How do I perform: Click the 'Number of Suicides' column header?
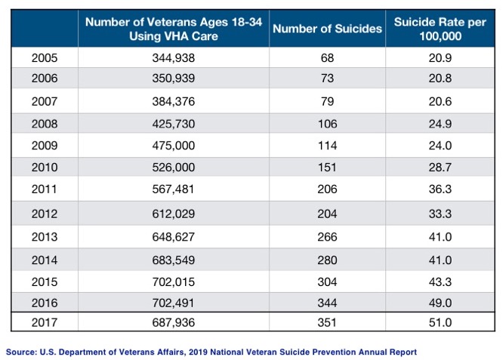(327, 29)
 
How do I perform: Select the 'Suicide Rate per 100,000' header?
(440, 29)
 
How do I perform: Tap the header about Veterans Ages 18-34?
(174, 29)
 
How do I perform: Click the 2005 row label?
(45, 58)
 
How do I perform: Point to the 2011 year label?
(45, 189)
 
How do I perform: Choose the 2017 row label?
(45, 322)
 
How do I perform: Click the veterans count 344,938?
(174, 58)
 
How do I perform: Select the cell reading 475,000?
(174, 146)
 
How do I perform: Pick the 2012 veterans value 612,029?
(174, 214)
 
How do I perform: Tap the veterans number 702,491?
(174, 303)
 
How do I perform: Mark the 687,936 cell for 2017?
(174, 322)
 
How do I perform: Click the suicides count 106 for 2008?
(327, 124)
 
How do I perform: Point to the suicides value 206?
(327, 189)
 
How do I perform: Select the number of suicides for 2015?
(327, 282)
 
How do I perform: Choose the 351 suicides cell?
(327, 322)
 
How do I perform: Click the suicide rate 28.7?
(440, 168)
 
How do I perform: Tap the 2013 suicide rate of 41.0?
(440, 237)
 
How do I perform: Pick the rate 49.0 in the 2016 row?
(440, 303)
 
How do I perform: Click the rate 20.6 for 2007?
(440, 102)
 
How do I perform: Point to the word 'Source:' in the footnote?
(21, 352)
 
